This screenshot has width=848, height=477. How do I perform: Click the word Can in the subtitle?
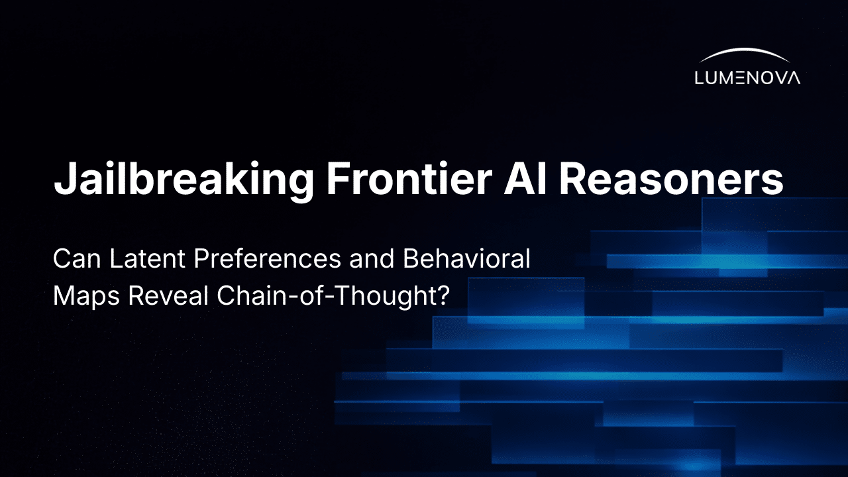tap(74, 260)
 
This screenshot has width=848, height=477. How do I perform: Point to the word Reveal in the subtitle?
tap(169, 296)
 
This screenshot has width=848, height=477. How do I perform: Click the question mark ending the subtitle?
tap(443, 296)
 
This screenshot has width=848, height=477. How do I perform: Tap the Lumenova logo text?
tap(747, 78)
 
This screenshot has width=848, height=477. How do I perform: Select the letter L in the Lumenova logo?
tap(700, 78)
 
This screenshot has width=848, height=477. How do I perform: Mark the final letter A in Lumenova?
tap(793, 78)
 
